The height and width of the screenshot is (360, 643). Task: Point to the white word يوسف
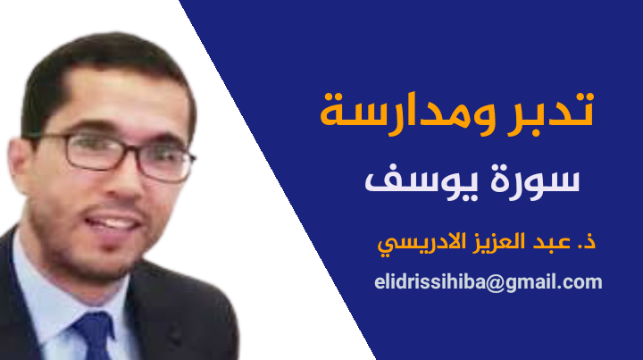point(422,183)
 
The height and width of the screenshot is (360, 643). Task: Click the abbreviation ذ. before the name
point(587,241)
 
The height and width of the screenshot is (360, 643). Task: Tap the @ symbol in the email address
point(496,283)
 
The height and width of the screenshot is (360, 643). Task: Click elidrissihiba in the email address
point(430,282)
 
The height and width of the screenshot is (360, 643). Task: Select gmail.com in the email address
point(554,283)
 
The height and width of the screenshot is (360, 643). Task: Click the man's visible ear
point(20,165)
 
